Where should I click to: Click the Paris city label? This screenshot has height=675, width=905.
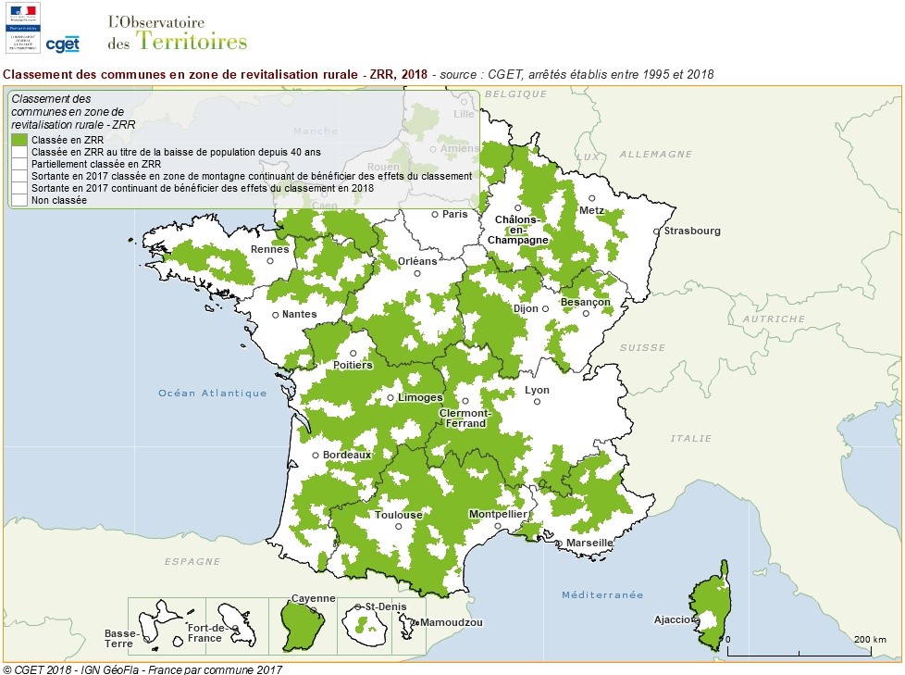click(x=455, y=214)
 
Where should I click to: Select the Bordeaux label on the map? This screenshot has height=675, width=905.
click(x=347, y=455)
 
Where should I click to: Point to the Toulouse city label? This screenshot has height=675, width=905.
click(x=399, y=515)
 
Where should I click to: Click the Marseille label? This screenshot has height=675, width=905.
click(x=589, y=543)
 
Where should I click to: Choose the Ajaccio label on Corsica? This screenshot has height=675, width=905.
click(x=672, y=619)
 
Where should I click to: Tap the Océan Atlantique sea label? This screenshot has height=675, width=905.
click(x=212, y=393)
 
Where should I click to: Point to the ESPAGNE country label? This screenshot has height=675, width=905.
click(x=192, y=561)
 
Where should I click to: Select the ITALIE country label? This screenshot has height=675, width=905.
click(x=691, y=438)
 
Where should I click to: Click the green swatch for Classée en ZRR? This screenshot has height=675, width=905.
click(x=19, y=139)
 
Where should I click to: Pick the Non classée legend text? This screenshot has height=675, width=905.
click(x=58, y=199)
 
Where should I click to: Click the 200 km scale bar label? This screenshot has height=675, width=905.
click(x=870, y=640)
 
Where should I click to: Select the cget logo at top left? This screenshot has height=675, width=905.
click(x=62, y=44)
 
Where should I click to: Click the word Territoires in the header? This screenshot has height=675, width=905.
click(x=192, y=40)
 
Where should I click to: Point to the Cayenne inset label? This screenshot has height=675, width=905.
click(x=314, y=599)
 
